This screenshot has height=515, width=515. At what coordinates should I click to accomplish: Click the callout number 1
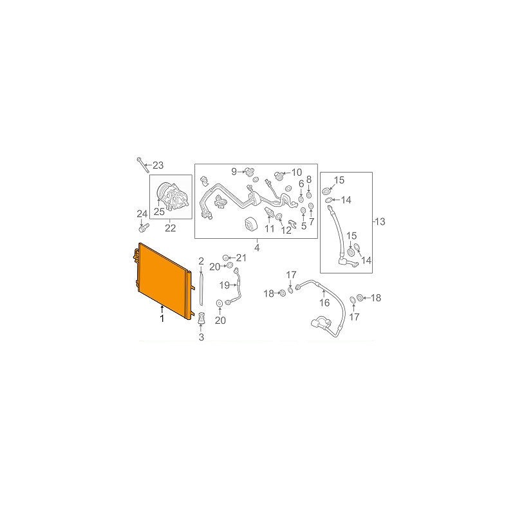(x=162, y=318)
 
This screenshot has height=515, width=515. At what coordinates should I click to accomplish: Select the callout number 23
(x=158, y=165)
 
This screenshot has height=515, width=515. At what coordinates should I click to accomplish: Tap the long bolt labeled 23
(x=143, y=165)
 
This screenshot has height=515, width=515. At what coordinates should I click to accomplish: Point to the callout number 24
(x=142, y=214)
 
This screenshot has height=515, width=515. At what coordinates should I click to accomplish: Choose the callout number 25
(x=159, y=212)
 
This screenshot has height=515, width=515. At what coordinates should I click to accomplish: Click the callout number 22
(x=170, y=228)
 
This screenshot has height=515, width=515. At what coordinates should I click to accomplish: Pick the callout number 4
(x=257, y=247)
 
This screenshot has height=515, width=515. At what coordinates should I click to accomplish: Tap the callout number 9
(x=234, y=171)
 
